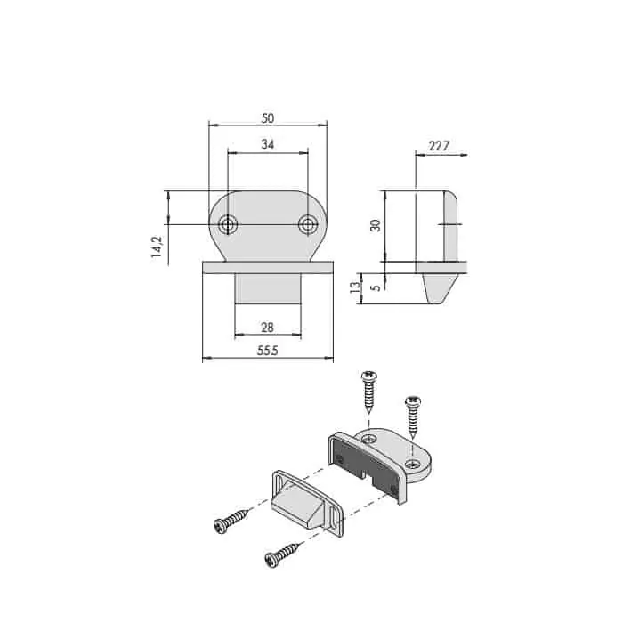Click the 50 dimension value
(x=268, y=118)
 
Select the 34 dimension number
(x=268, y=144)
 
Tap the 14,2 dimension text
(x=157, y=247)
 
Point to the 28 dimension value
(x=267, y=328)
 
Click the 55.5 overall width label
(x=268, y=351)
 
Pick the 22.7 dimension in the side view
(x=439, y=146)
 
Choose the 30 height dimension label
(x=375, y=225)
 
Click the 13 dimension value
(x=356, y=287)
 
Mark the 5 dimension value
(x=376, y=287)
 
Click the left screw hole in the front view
(x=228, y=224)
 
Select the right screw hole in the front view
(x=308, y=224)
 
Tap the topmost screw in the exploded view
(x=369, y=392)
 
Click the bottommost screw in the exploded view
(x=282, y=554)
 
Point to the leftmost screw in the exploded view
(x=231, y=522)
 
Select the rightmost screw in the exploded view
(x=413, y=417)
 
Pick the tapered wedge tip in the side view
(x=438, y=288)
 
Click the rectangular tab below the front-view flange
(x=268, y=289)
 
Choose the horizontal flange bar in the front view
(x=268, y=267)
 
